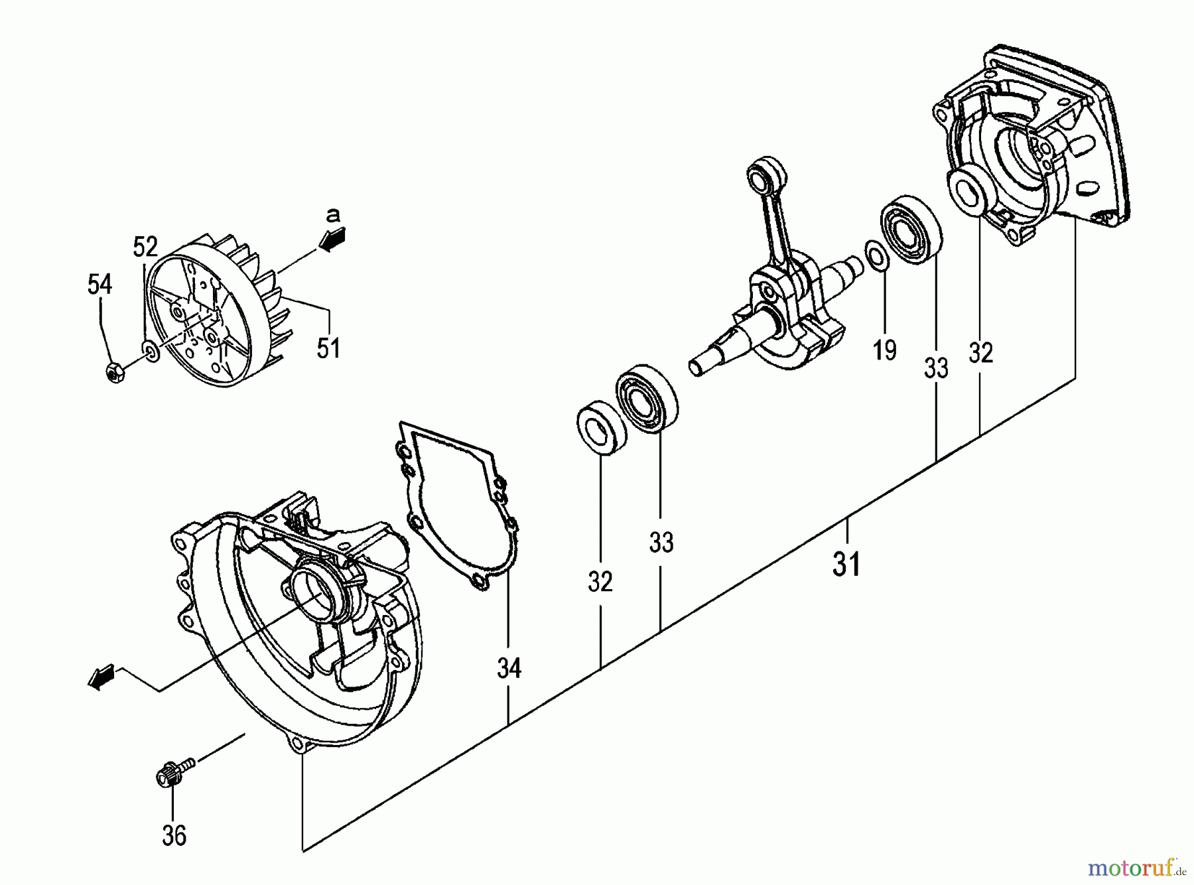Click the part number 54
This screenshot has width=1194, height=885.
pos(99,285)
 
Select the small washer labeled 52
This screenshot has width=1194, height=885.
pos(151,351)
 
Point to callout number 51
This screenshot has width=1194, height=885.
pos(328,347)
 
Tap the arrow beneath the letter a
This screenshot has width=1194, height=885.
pos(332,239)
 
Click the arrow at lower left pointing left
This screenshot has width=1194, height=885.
pos(101,678)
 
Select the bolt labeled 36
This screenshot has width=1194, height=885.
pos(171,774)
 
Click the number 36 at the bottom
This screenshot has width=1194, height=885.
pos(174,836)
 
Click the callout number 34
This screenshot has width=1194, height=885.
pos(509,668)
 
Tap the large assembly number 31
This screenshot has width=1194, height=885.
pos(846,565)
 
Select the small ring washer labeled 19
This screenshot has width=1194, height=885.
pos(876,257)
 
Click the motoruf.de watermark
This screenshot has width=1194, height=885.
pos(1136,866)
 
